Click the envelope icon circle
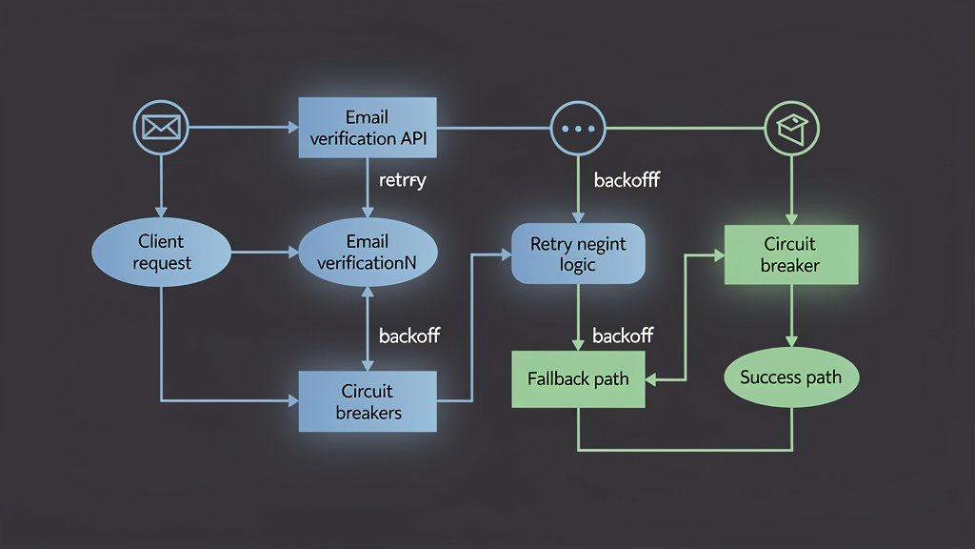click(x=161, y=127)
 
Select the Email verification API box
click(x=368, y=128)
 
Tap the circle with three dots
click(x=579, y=127)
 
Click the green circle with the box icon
click(x=792, y=127)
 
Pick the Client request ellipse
click(x=161, y=253)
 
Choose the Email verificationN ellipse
click(x=368, y=253)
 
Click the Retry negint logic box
click(x=579, y=254)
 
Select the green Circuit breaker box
click(x=791, y=254)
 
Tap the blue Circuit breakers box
click(x=368, y=402)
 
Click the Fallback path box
click(x=578, y=379)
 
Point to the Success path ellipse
click(x=790, y=377)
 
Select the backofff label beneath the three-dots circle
click(x=627, y=179)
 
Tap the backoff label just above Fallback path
click(x=623, y=335)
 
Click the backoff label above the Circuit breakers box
click(x=409, y=335)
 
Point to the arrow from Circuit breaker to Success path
click(x=791, y=315)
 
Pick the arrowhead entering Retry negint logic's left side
click(x=505, y=254)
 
